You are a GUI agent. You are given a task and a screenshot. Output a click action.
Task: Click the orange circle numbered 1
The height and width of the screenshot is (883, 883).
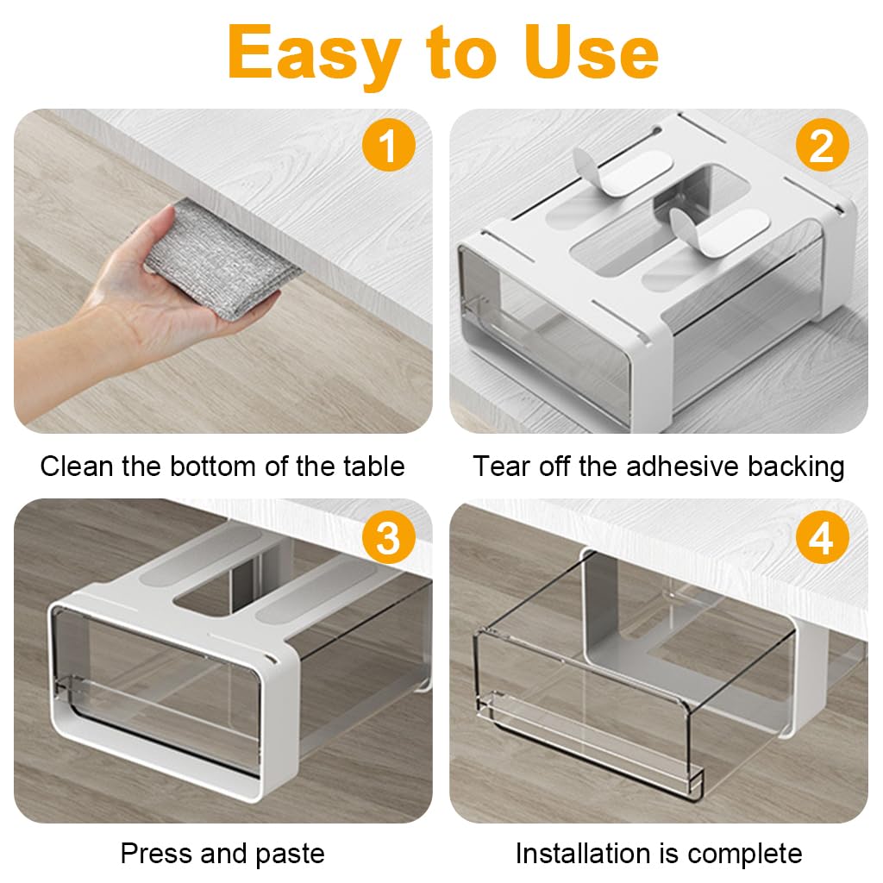(388, 147)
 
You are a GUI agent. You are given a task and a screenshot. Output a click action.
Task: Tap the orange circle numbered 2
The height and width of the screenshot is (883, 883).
(822, 147)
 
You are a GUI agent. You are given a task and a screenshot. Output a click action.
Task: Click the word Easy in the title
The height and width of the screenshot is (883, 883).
(314, 53)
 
